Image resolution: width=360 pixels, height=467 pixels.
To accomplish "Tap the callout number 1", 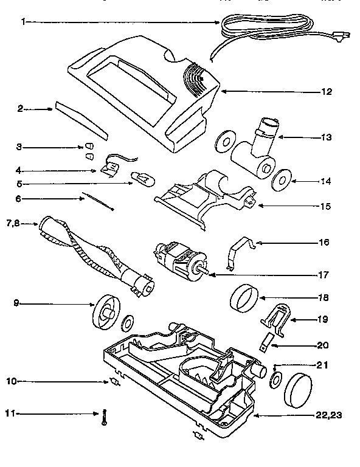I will coord(22,22).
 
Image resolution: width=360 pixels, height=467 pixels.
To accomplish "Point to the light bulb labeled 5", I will coord(144,179).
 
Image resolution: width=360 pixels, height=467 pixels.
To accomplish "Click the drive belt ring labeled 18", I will coord(246,300).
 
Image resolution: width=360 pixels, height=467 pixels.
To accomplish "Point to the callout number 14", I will coord(325,182).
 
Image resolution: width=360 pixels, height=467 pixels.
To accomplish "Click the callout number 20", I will coord(322,345).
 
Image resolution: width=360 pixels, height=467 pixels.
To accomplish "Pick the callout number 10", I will coord(12,381).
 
